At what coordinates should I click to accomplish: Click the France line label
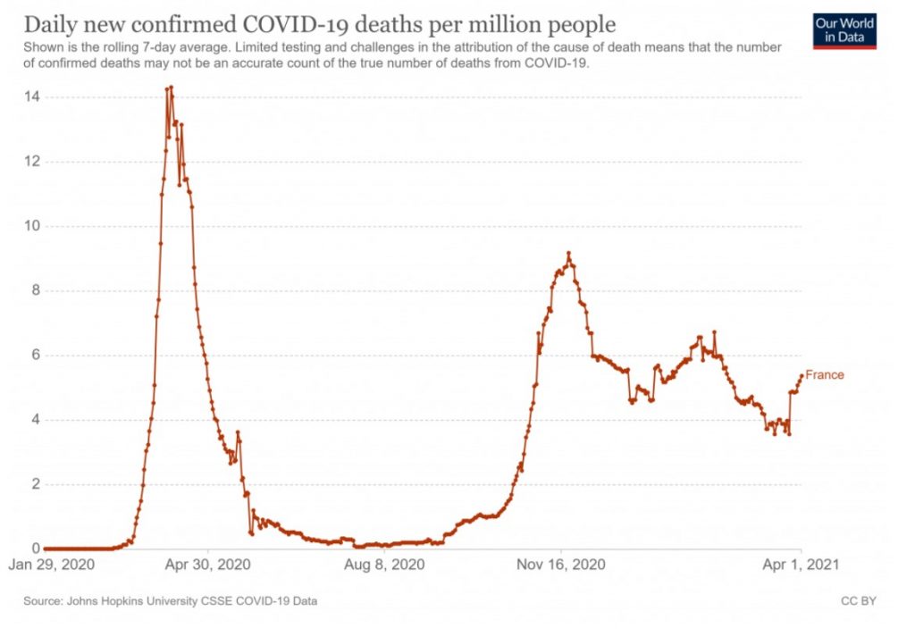point(824,375)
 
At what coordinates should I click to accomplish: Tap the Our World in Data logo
point(844,29)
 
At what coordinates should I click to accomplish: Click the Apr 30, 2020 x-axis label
point(209,566)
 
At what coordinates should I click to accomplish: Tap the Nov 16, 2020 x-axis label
point(561,566)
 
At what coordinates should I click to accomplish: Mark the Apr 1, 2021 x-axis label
point(802,566)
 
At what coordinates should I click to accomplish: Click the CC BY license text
point(858,601)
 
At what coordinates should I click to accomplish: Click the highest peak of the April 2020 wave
point(171,87)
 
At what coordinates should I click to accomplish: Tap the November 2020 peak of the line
point(568,253)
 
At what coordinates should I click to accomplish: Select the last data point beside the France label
point(801,376)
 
